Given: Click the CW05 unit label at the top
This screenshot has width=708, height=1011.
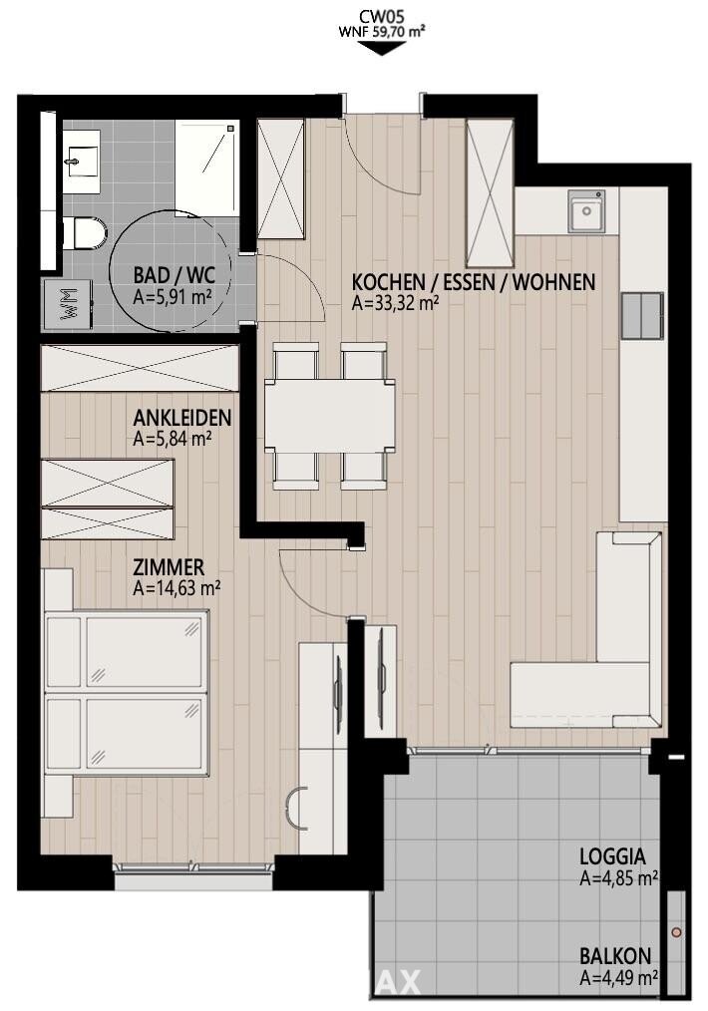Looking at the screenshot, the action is point(382,17).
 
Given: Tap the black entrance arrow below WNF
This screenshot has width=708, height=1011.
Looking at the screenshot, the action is point(382,48).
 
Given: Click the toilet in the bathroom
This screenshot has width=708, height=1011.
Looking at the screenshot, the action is point(86,232).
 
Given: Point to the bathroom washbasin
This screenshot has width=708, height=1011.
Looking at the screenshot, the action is point(82,161).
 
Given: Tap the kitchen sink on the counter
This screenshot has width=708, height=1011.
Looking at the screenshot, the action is point(586,210).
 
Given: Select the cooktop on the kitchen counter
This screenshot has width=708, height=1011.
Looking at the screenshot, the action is point(642,315).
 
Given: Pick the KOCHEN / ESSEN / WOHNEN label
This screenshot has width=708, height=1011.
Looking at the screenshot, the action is point(474,282).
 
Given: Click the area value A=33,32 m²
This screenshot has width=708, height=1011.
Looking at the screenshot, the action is point(395,303).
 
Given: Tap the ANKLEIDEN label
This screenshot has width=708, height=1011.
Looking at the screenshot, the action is point(181,418).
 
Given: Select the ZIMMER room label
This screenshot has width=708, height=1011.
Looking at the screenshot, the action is point(169,568).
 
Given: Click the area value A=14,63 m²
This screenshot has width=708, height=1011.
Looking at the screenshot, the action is point(177,588).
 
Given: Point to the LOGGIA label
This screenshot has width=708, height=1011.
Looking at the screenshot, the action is point(612,856).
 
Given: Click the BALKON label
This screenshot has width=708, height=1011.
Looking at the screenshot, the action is point(615,956).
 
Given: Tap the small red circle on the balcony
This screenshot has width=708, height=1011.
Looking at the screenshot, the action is point(676,932).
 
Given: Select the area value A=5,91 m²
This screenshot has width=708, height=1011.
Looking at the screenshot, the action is point(173,296).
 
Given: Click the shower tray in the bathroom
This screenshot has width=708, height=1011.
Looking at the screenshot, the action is point(207,167).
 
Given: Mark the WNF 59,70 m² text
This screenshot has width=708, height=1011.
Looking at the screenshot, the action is point(382,32).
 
